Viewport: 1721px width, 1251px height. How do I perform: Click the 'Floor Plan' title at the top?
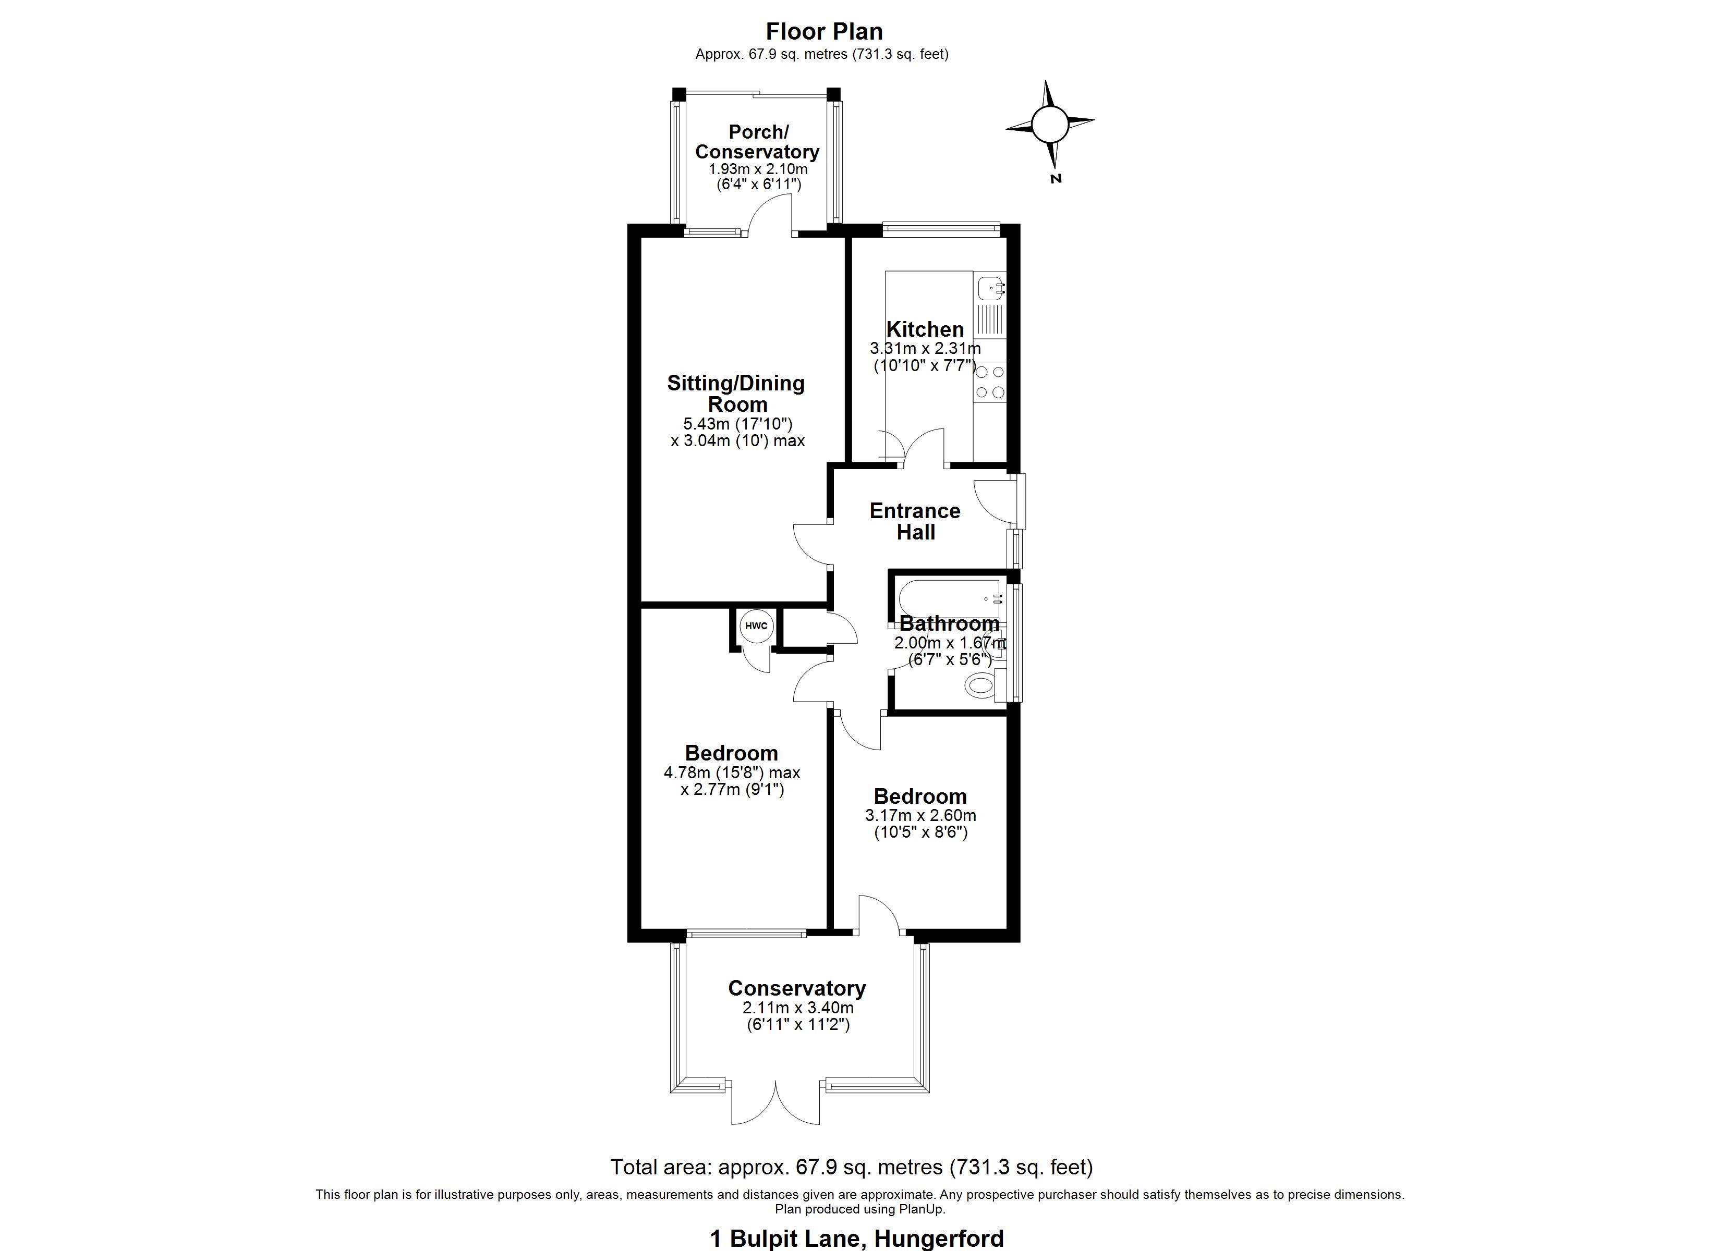(823, 32)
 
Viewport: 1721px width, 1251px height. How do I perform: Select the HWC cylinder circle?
(756, 626)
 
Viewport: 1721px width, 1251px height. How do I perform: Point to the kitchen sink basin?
(989, 288)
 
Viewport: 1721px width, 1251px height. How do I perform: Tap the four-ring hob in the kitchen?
(989, 382)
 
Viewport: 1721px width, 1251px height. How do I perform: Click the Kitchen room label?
(925, 329)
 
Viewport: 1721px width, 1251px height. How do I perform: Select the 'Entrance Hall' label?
(915, 521)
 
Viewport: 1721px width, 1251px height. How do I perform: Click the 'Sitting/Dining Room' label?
(736, 393)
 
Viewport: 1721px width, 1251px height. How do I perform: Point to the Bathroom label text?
(949, 623)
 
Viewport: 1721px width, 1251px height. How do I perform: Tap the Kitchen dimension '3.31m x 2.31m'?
(925, 349)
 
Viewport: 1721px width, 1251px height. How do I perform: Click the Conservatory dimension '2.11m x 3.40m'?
(797, 1008)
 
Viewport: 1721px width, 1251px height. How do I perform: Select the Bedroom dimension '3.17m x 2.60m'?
(920, 816)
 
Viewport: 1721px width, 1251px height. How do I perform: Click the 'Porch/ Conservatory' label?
(757, 142)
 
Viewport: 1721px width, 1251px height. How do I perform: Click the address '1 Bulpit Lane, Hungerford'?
(856, 1238)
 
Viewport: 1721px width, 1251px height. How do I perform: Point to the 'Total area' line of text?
(852, 1166)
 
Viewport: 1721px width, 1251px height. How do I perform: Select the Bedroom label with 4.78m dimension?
(732, 753)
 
